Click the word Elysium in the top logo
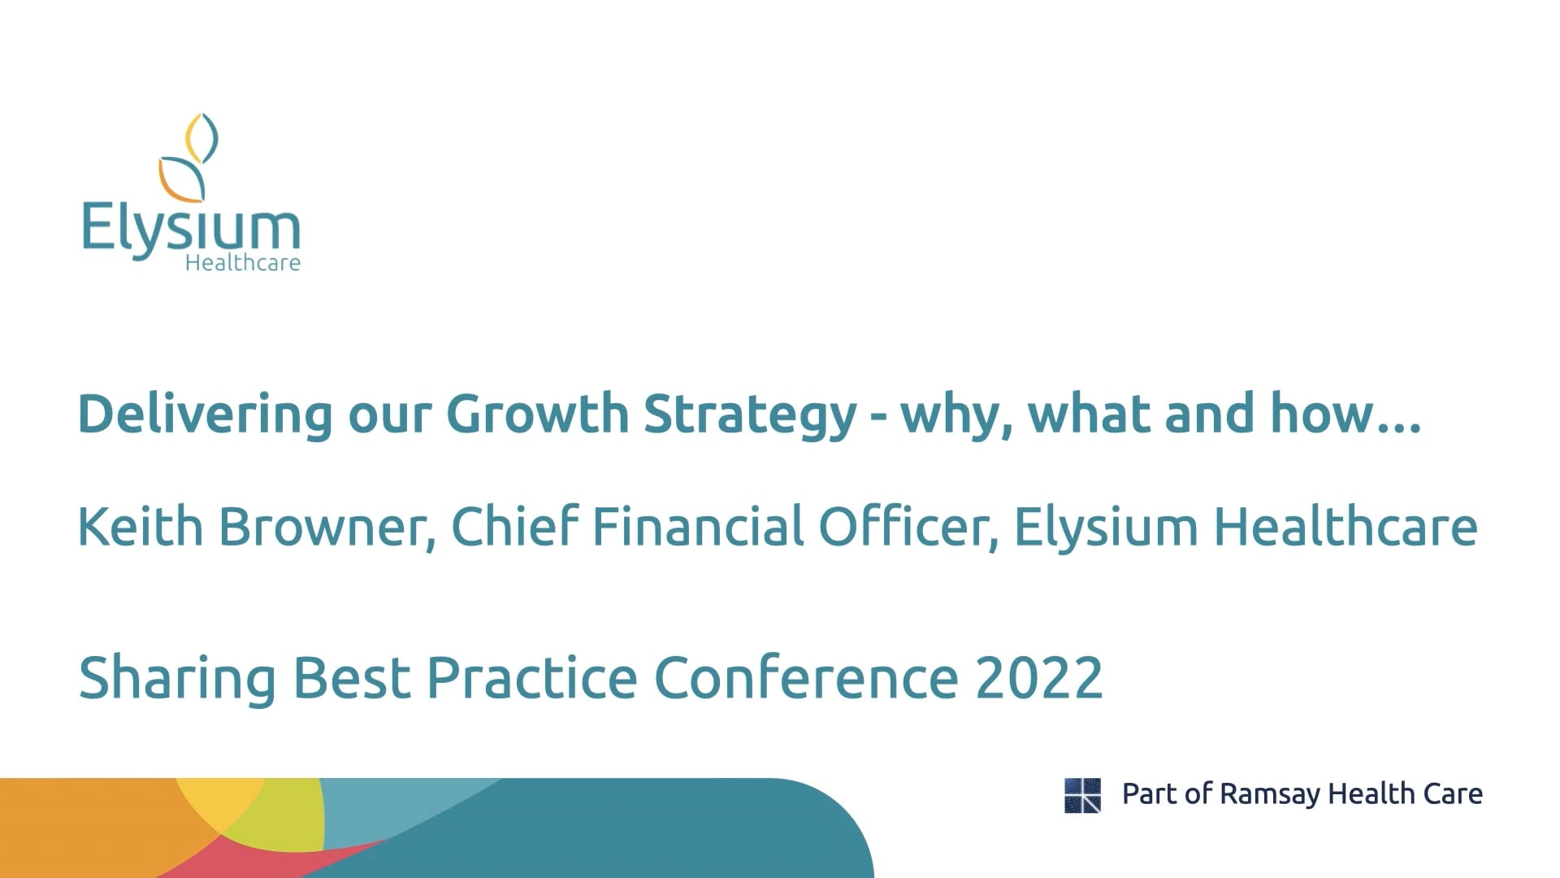click(191, 229)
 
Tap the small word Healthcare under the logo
click(243, 263)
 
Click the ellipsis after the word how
click(1400, 426)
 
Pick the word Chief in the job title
click(514, 526)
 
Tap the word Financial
click(697, 526)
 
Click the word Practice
click(531, 677)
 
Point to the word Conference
click(806, 677)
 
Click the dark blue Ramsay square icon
click(1082, 795)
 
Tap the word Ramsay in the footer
click(1269, 794)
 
